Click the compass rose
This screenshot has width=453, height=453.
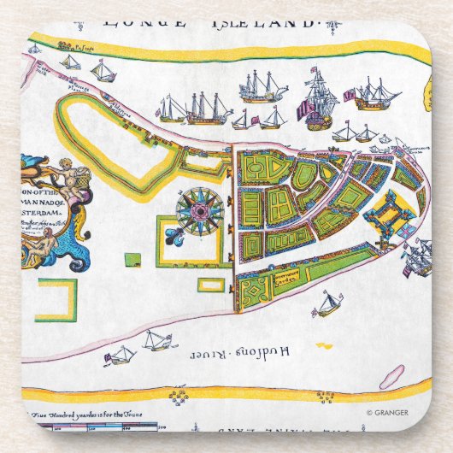(199, 209)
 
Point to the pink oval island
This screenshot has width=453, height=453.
(392, 377)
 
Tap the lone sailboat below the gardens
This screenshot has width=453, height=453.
(328, 303)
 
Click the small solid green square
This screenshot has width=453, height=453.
(132, 259)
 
